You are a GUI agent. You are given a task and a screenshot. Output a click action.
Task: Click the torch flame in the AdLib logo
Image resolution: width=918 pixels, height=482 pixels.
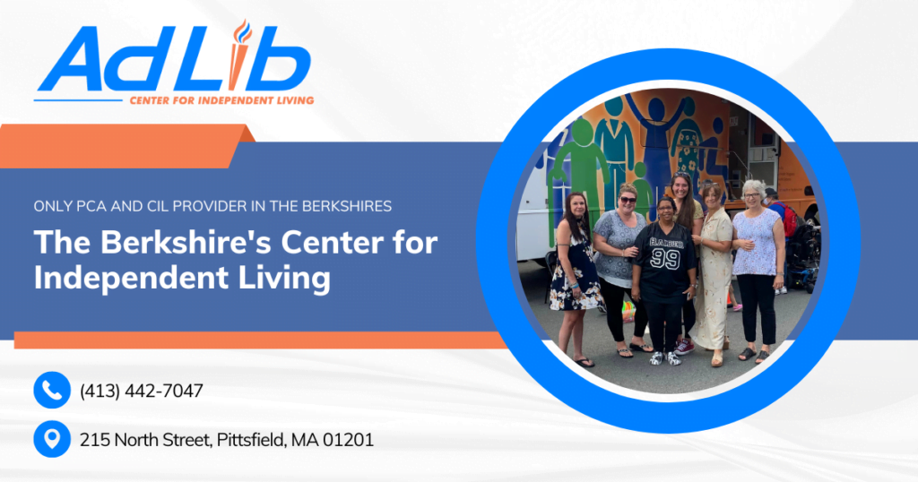coord(242,31)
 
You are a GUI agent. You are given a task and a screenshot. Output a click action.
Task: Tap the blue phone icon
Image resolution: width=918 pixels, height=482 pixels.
coord(52,390)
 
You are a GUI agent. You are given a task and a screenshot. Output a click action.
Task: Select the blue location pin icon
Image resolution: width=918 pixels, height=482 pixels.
coord(52,439)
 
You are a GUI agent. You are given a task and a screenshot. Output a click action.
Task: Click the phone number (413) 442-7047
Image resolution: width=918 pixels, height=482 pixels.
coord(142,391)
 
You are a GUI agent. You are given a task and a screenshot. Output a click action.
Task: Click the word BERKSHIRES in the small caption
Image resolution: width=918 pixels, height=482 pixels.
coord(347,206)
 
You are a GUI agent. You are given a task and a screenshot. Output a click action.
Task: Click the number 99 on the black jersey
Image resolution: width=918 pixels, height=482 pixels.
coord(664,258)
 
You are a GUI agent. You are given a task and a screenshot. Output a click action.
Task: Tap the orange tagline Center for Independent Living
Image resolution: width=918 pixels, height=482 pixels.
coord(222,100)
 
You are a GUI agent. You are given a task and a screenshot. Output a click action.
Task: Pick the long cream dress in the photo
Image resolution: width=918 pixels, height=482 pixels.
coord(712,277)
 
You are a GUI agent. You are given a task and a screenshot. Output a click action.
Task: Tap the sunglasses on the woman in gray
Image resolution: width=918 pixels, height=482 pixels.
coord(628,200)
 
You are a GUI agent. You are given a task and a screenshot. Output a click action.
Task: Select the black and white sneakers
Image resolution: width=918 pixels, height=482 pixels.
coord(665,358)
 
